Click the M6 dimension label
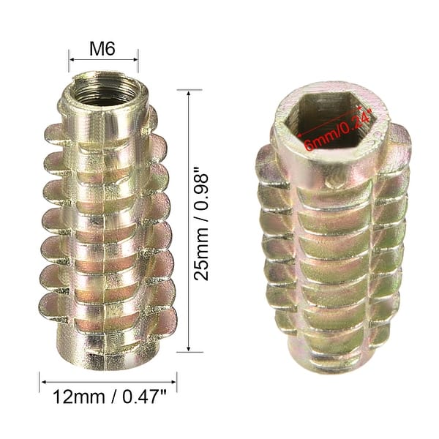coord(104,48)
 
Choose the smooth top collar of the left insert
coord(104,117)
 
